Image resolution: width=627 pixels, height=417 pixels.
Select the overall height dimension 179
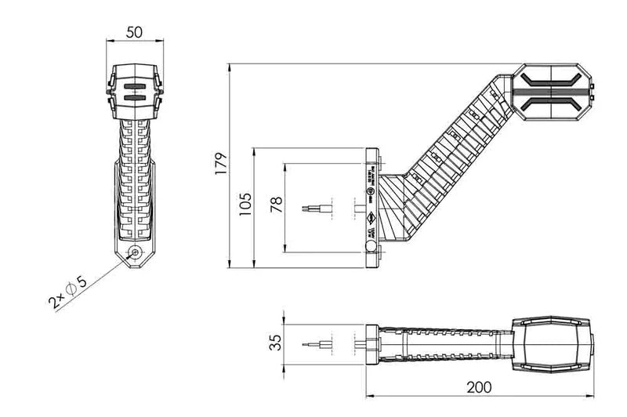[x=222, y=163]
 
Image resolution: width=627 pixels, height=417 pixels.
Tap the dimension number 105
[x=245, y=205]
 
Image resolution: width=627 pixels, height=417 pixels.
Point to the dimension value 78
[x=275, y=206]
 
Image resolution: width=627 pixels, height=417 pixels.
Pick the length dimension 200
[x=479, y=386]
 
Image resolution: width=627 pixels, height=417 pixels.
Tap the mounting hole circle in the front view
[x=136, y=252]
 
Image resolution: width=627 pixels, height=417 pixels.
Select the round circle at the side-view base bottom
[x=371, y=248]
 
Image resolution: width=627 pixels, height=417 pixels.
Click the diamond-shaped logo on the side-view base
[x=371, y=219]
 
